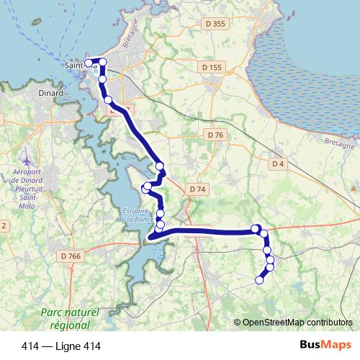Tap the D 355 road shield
(215, 24)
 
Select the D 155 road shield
(212, 67)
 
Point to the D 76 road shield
(215, 135)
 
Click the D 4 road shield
(279, 164)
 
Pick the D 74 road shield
(197, 189)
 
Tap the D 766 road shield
(71, 256)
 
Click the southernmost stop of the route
(260, 279)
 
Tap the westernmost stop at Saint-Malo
(89, 63)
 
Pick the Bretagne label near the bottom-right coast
(339, 144)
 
